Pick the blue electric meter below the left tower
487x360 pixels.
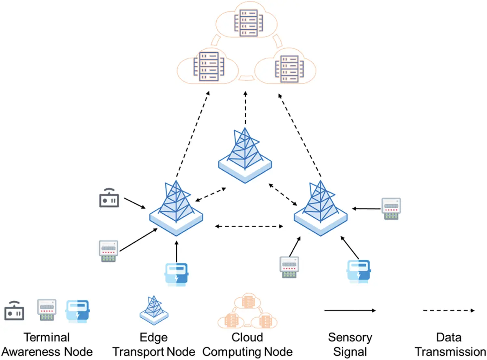(177, 275)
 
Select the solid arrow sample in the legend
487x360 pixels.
(350, 311)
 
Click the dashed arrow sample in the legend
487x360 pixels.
(448, 311)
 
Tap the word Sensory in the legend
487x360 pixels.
(350, 337)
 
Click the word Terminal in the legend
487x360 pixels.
(47, 337)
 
